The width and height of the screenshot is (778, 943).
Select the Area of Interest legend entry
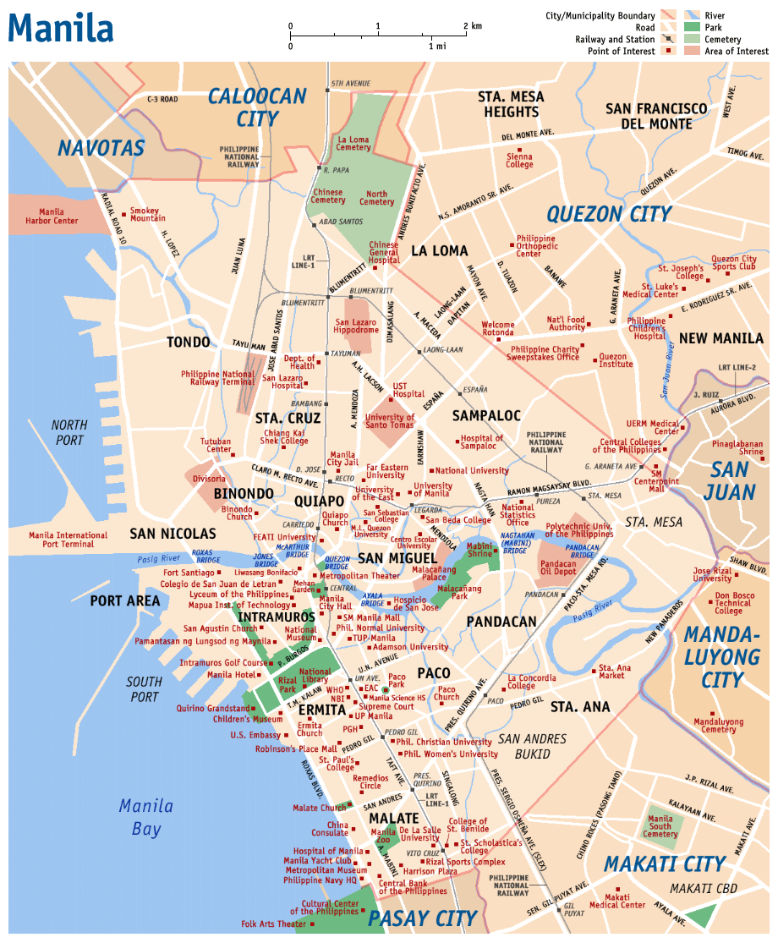coord(736,51)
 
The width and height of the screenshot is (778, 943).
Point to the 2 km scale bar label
coord(473,26)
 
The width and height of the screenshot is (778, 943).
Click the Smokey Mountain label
coord(148,215)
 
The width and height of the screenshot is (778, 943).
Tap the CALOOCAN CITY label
coord(257,107)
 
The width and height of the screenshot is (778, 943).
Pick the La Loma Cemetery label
coord(353,143)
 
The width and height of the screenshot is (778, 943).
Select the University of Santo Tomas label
coord(390,420)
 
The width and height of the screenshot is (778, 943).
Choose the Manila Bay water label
coord(145,816)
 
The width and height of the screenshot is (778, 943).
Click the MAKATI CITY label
coord(665,864)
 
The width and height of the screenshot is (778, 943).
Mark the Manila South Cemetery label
coord(660,826)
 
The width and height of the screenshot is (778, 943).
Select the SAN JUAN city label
coord(729,480)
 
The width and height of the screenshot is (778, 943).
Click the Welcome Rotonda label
coord(497,328)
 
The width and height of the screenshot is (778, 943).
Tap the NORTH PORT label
coord(69,432)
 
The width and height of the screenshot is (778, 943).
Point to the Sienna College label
coord(519,160)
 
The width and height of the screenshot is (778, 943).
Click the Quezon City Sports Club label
coord(734,263)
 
